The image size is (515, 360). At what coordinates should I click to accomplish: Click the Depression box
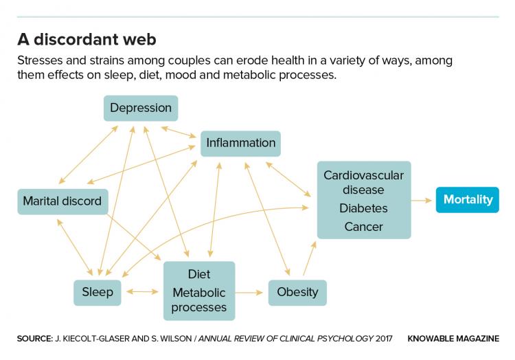[x=141, y=108]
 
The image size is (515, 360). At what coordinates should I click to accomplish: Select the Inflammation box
[x=241, y=143]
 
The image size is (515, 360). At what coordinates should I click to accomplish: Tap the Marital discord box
[x=62, y=201]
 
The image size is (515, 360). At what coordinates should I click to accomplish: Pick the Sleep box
[x=98, y=292]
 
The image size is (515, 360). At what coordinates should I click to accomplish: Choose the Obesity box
[x=297, y=292]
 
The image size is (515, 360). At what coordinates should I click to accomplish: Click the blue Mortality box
[x=468, y=200]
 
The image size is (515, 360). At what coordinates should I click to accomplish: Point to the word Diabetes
[x=363, y=208]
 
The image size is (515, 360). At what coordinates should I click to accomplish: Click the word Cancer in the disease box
[x=363, y=226]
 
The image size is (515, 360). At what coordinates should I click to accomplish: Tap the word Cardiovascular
[x=363, y=175]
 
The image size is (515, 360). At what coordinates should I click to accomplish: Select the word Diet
[x=198, y=275]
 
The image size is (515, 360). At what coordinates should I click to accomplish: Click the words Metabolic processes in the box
[x=198, y=300]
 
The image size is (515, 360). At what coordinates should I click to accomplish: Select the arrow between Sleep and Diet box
[x=142, y=292]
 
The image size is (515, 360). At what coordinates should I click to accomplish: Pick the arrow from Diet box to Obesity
[x=251, y=292]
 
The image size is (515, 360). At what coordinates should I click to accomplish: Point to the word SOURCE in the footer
[x=34, y=339]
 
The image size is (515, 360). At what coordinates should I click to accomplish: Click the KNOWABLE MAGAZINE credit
[x=453, y=339]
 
